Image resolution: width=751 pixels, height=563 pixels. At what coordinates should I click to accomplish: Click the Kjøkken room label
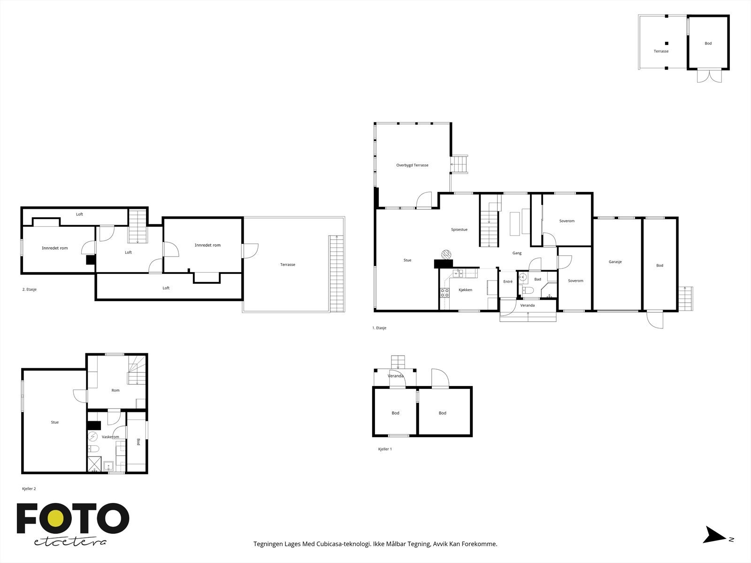point(465,290)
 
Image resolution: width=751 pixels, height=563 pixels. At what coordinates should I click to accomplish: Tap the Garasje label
point(615,262)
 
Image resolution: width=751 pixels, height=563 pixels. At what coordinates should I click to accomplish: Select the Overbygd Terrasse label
point(412,165)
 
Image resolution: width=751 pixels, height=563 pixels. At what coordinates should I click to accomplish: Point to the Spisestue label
point(459,230)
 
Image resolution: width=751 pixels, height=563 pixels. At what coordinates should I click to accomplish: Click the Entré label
point(508,281)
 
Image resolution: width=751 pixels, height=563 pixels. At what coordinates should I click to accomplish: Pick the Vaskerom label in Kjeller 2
point(110,437)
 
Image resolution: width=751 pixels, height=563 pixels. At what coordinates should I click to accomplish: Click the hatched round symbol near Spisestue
point(446,255)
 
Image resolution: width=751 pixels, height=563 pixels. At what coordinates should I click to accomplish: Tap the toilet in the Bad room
point(527,290)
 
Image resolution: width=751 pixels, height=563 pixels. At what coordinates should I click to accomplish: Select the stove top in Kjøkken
point(444,293)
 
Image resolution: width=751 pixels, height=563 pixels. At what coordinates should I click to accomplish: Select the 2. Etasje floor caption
point(30,289)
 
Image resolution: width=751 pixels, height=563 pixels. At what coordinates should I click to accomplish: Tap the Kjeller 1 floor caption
point(385,449)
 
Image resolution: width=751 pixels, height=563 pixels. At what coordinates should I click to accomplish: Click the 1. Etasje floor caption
point(379,328)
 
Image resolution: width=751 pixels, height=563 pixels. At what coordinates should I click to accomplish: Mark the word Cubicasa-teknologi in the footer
point(344,544)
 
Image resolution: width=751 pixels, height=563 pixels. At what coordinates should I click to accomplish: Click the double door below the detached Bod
point(710,76)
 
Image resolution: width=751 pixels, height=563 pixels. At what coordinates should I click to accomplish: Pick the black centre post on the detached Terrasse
point(667,44)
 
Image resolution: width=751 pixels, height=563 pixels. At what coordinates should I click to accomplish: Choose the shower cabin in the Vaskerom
point(94,464)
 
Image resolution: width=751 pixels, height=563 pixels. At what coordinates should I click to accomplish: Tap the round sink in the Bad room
point(523,277)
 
